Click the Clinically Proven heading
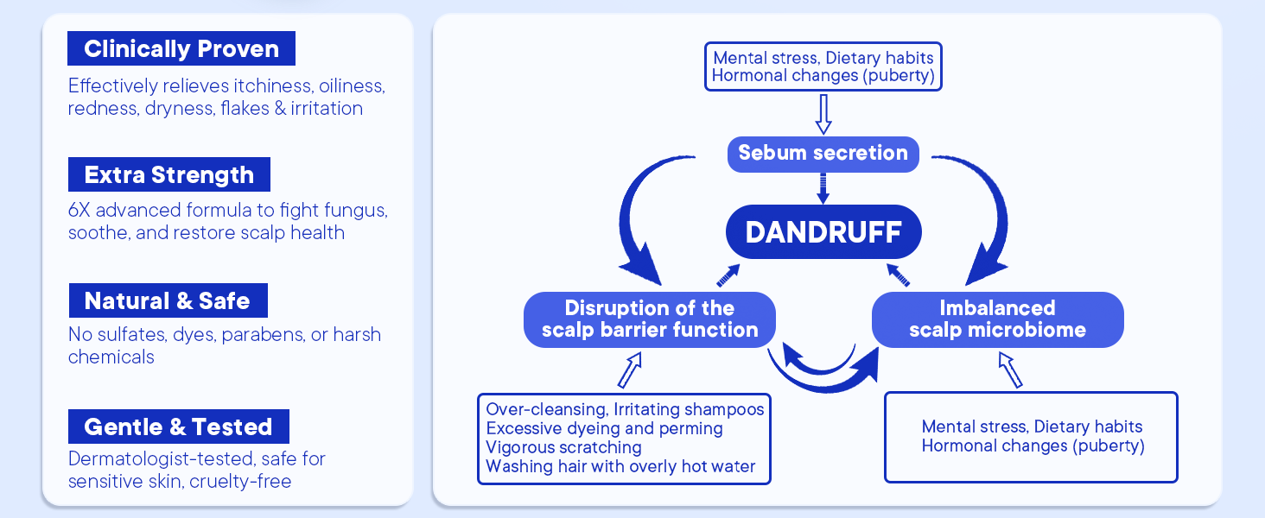(x=181, y=49)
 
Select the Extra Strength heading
(x=169, y=175)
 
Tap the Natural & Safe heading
(x=168, y=301)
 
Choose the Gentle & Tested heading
(x=178, y=427)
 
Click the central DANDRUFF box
(x=823, y=232)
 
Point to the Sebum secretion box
(x=823, y=154)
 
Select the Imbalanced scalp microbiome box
(x=997, y=319)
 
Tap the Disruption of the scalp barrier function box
(x=650, y=319)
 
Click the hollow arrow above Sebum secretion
(x=823, y=113)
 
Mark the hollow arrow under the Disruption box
(x=630, y=370)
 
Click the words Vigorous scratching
(x=563, y=447)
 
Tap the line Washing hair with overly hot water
(x=620, y=467)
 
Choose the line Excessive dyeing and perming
(x=604, y=428)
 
